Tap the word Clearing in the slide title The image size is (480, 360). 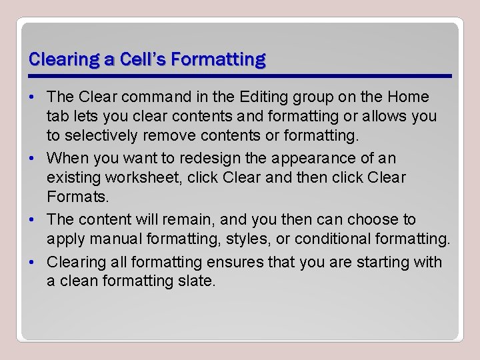click(64, 59)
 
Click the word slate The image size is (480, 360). click(197, 281)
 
